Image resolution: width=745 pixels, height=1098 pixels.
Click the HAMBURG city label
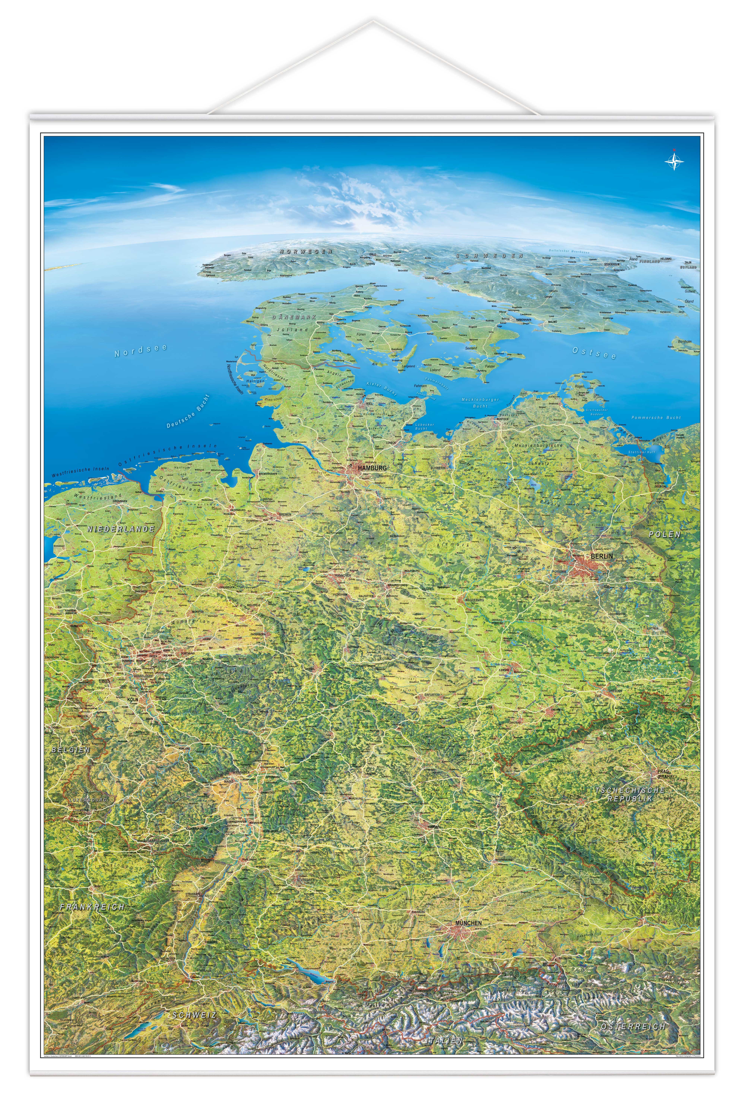[372, 468]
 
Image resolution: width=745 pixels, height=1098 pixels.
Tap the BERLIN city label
[601, 556]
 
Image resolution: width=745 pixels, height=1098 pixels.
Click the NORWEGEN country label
[306, 252]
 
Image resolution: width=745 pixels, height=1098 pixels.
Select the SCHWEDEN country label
[489, 256]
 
